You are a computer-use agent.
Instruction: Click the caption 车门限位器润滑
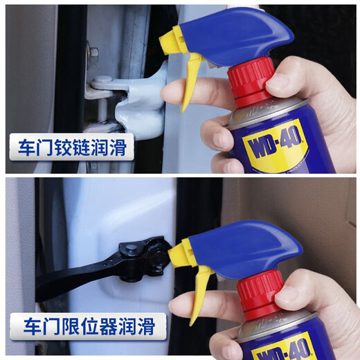[87, 326]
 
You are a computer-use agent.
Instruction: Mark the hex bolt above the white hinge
[93, 52]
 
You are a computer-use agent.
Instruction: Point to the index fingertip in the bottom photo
[177, 305]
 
